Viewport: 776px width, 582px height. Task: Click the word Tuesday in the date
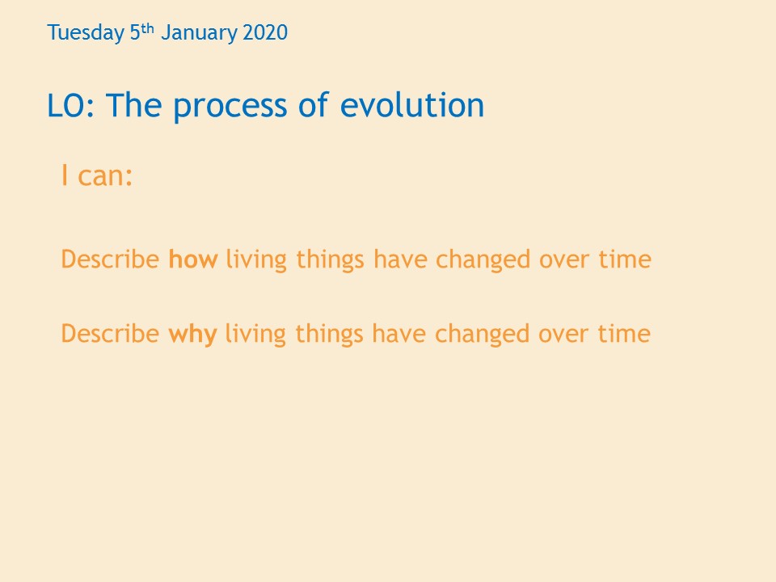click(x=86, y=33)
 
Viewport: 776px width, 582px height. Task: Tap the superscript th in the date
click(x=148, y=29)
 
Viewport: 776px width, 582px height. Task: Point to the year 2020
click(x=265, y=32)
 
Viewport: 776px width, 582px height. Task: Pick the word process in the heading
click(x=230, y=107)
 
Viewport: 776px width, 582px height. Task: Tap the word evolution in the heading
click(x=412, y=104)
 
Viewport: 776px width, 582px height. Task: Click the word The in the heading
click(x=133, y=104)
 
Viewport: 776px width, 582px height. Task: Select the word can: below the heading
click(x=105, y=176)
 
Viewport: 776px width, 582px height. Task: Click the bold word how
click(x=193, y=259)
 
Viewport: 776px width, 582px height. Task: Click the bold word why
click(x=192, y=335)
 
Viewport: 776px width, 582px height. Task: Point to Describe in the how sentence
click(x=110, y=259)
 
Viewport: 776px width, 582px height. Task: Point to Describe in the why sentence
click(x=110, y=333)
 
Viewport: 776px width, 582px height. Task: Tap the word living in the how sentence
click(x=256, y=260)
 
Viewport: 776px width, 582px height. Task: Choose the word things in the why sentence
click(x=330, y=335)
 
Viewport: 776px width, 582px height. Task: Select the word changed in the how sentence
click(x=483, y=260)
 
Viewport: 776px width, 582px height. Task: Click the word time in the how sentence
click(x=625, y=259)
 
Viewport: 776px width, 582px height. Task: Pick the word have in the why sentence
click(x=399, y=333)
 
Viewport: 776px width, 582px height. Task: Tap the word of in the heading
click(x=314, y=104)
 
